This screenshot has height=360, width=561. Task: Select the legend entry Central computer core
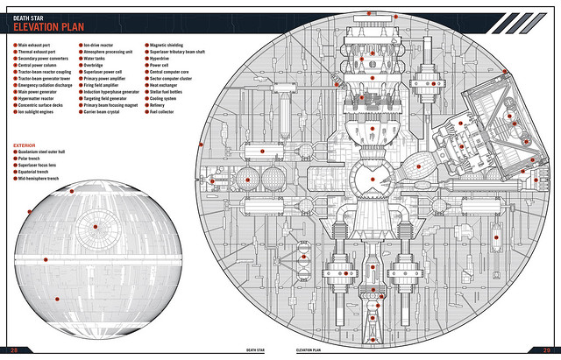[x=174, y=73]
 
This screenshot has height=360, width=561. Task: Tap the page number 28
[x=14, y=350]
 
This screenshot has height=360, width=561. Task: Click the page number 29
[x=547, y=350]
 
